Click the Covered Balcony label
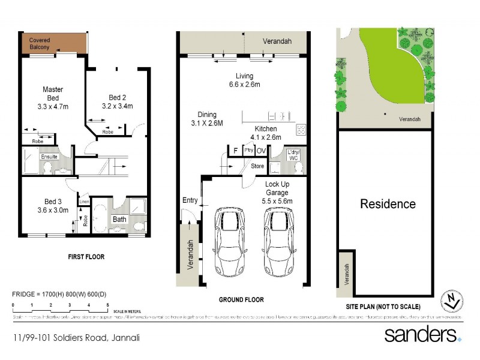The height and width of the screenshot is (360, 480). [40, 44]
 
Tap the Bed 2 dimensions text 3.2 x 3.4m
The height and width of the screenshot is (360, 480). [117, 106]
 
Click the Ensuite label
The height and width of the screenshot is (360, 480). [49, 157]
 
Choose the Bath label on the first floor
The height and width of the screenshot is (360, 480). [119, 219]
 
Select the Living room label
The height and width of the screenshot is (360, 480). [244, 76]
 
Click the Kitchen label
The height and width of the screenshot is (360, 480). [265, 129]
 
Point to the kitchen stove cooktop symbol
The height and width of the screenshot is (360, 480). [301, 129]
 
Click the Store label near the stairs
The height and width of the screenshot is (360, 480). [257, 166]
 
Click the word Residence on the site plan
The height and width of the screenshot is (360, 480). [387, 204]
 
